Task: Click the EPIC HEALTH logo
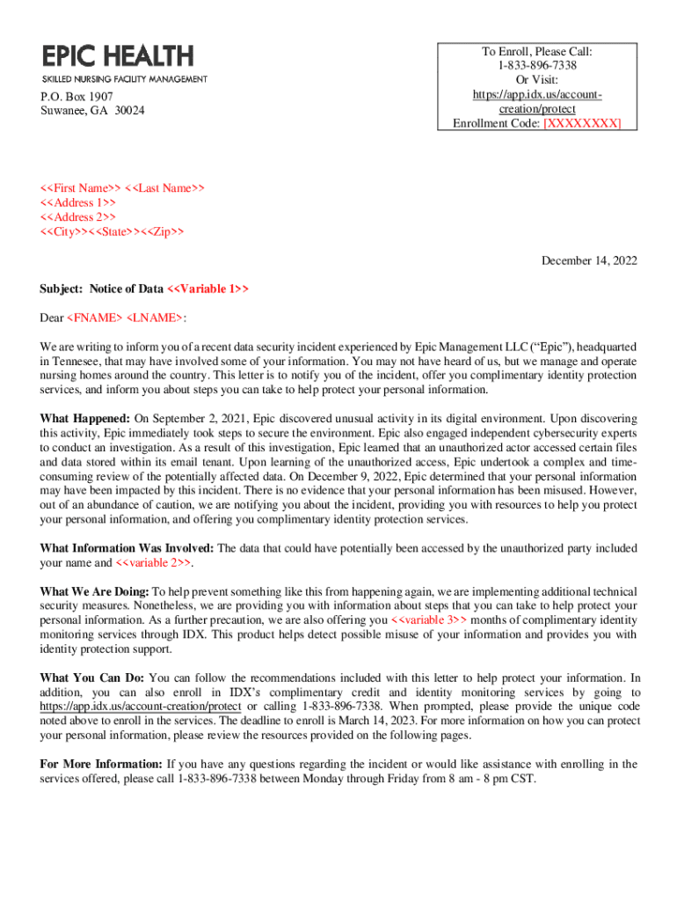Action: pyautogui.click(x=117, y=56)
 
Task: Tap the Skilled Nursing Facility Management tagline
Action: pyautogui.click(x=125, y=79)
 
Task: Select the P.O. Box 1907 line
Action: pyautogui.click(x=76, y=96)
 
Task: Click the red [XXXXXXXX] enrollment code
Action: pyautogui.click(x=582, y=123)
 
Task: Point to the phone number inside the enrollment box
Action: pyautogui.click(x=535, y=64)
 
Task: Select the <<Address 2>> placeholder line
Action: pyautogui.click(x=78, y=217)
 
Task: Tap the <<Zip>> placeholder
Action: pyautogui.click(x=164, y=232)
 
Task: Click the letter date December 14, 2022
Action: pyautogui.click(x=589, y=260)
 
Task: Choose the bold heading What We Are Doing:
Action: pyautogui.click(x=95, y=591)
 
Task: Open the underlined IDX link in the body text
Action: pyautogui.click(x=141, y=706)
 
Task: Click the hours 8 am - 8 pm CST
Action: pyautogui.click(x=489, y=778)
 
